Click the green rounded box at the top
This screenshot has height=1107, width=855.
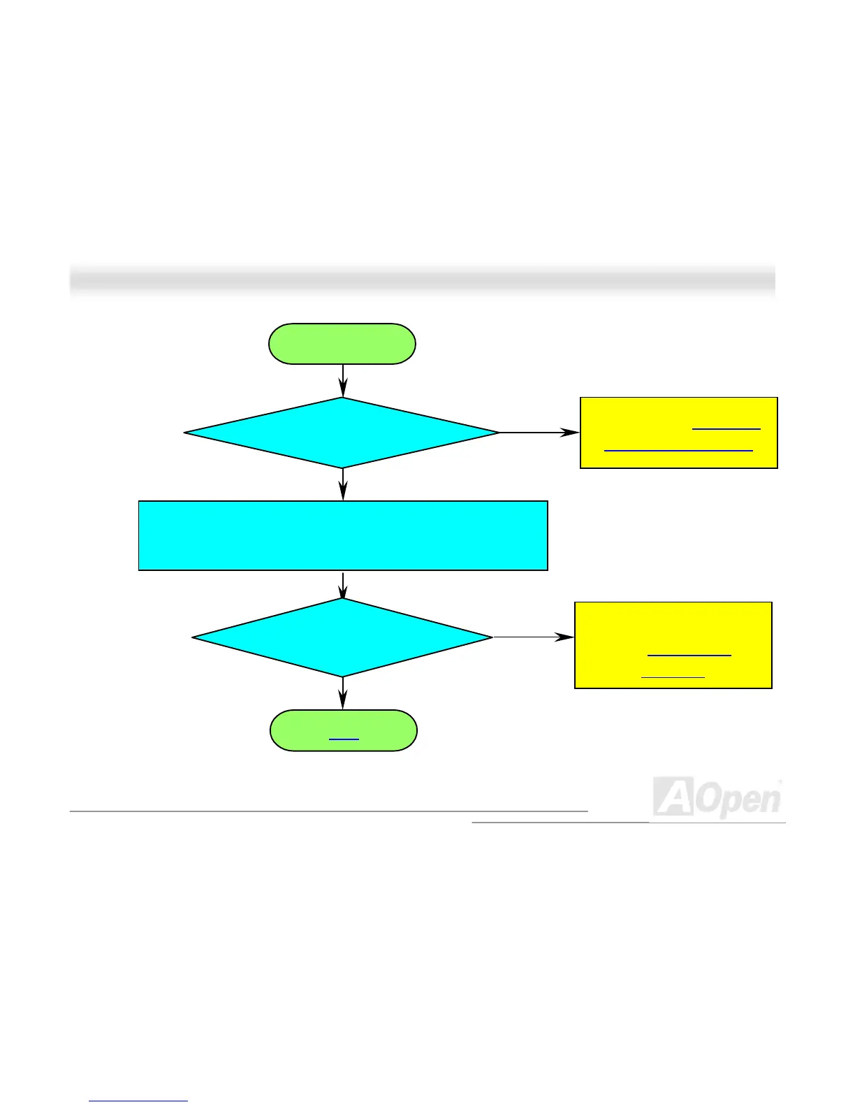[x=342, y=344]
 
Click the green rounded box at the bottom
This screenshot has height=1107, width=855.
[x=344, y=730]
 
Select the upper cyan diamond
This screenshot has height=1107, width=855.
[x=342, y=433]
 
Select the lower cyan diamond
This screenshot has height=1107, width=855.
[x=342, y=637]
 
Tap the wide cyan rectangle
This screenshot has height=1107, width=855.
[x=343, y=535]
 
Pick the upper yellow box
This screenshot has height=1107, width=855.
[x=678, y=433]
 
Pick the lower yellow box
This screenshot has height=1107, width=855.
[x=673, y=645]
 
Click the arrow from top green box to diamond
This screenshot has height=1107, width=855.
[x=343, y=381]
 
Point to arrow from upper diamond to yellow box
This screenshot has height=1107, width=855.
[x=539, y=433]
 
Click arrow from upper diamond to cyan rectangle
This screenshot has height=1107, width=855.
[x=343, y=484]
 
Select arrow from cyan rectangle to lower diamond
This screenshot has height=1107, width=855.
[x=343, y=584]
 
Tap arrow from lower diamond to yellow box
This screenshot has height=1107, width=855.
[x=534, y=637]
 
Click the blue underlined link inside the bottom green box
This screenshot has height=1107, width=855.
[x=344, y=739]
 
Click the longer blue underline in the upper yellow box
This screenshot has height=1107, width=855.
[x=678, y=451]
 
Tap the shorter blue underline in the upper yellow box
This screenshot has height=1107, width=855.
[x=726, y=428]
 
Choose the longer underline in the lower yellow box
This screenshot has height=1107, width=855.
[x=689, y=656]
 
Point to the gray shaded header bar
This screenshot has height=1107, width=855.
[x=422, y=281]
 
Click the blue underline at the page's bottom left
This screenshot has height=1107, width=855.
[x=138, y=1101]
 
